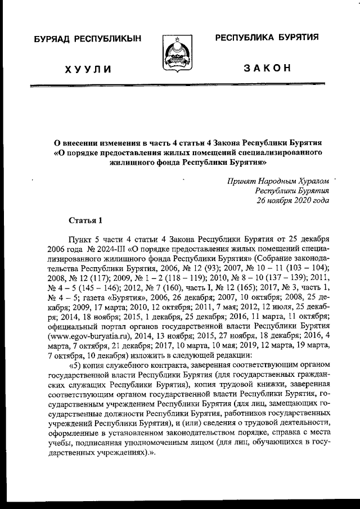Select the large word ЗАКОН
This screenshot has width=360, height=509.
pyautogui.click(x=268, y=69)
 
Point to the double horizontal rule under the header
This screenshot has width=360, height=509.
pyautogui.click(x=180, y=85)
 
